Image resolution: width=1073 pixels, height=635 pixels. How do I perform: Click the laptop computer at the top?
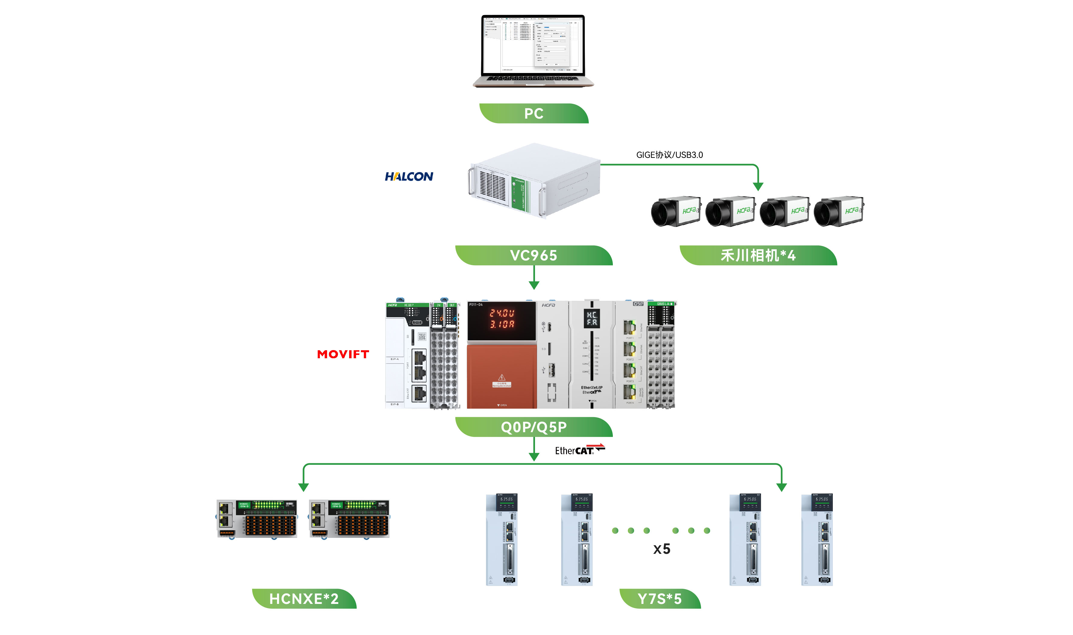point(533,50)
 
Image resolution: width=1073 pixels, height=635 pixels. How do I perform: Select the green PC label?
point(533,113)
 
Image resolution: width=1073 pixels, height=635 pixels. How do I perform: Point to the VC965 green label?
point(533,255)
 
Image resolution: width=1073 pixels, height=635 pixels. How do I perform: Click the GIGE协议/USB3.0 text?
point(669,155)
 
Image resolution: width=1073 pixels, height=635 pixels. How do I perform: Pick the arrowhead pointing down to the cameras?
point(758,186)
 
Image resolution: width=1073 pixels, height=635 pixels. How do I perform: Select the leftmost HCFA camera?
point(676,211)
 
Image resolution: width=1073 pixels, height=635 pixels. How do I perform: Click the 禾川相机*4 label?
point(758,255)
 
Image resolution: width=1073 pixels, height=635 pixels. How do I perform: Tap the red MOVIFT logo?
point(343,354)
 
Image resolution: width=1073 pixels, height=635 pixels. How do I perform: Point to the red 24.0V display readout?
point(501,313)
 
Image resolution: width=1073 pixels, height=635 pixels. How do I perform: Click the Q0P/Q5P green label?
point(533,427)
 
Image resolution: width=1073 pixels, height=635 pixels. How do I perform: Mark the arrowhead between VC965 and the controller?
point(534,286)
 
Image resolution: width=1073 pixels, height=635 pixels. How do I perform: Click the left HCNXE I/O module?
point(257,519)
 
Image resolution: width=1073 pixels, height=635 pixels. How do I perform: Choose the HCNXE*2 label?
point(304,598)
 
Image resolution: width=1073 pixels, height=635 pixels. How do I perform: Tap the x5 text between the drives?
point(661,549)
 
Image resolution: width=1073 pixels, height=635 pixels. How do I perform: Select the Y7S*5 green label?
point(659,598)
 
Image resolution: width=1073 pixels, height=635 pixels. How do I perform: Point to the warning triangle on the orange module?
point(501,377)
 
